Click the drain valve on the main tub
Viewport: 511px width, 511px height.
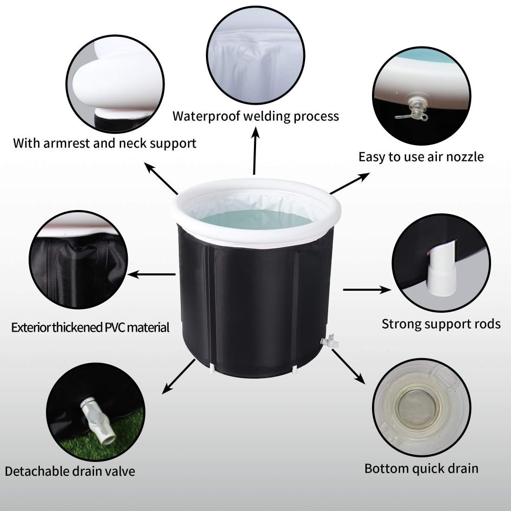[330, 341]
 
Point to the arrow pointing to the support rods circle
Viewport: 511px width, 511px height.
[367, 290]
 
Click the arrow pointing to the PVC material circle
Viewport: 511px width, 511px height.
[152, 274]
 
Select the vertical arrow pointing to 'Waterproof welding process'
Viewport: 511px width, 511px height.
[255, 150]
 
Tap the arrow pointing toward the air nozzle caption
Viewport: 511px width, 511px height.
[350, 183]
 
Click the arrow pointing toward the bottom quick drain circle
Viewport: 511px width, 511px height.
[348, 366]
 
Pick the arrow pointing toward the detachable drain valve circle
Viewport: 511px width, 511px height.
[178, 377]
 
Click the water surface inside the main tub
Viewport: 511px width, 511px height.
[256, 219]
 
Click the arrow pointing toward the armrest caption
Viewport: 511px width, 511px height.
[161, 178]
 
